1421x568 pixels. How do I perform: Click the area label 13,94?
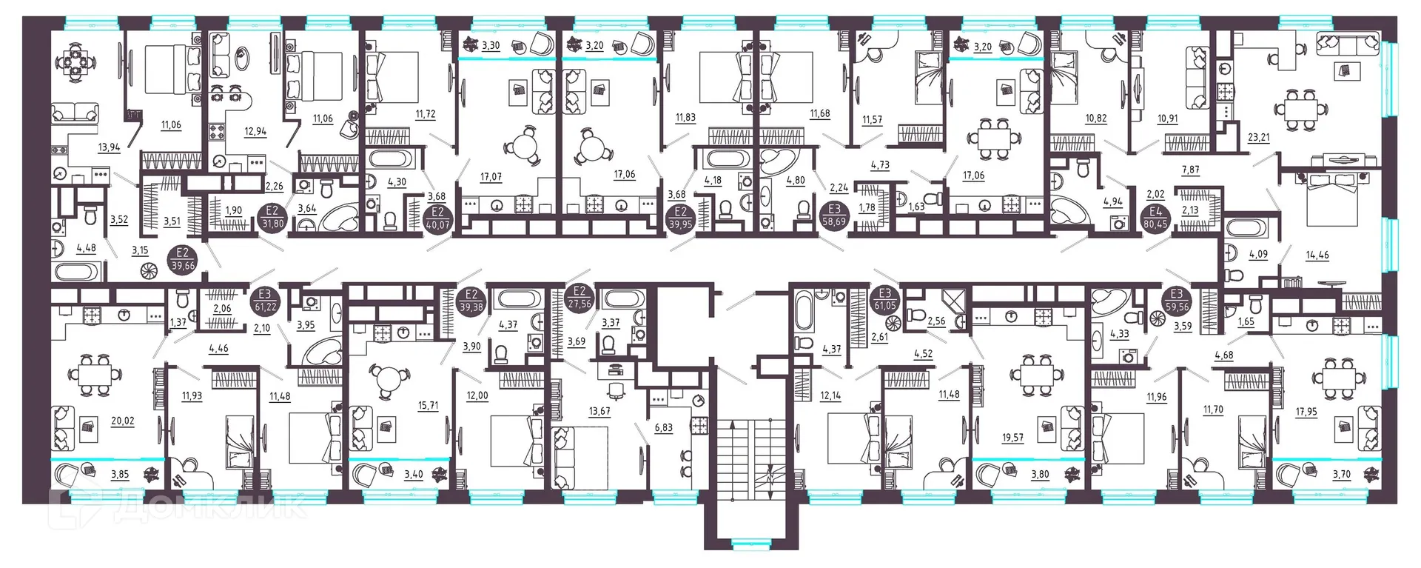(x=109, y=147)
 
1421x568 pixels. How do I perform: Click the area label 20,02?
(x=122, y=421)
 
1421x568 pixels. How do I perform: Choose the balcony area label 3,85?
(x=119, y=475)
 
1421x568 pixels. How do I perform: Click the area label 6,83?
(x=664, y=427)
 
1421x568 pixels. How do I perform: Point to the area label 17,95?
(x=1306, y=412)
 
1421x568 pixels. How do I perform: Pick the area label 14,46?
(x=1317, y=255)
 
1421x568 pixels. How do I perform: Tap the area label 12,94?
(x=255, y=132)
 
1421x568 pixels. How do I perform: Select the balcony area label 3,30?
(x=491, y=46)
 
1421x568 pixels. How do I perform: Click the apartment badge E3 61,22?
(x=264, y=301)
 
